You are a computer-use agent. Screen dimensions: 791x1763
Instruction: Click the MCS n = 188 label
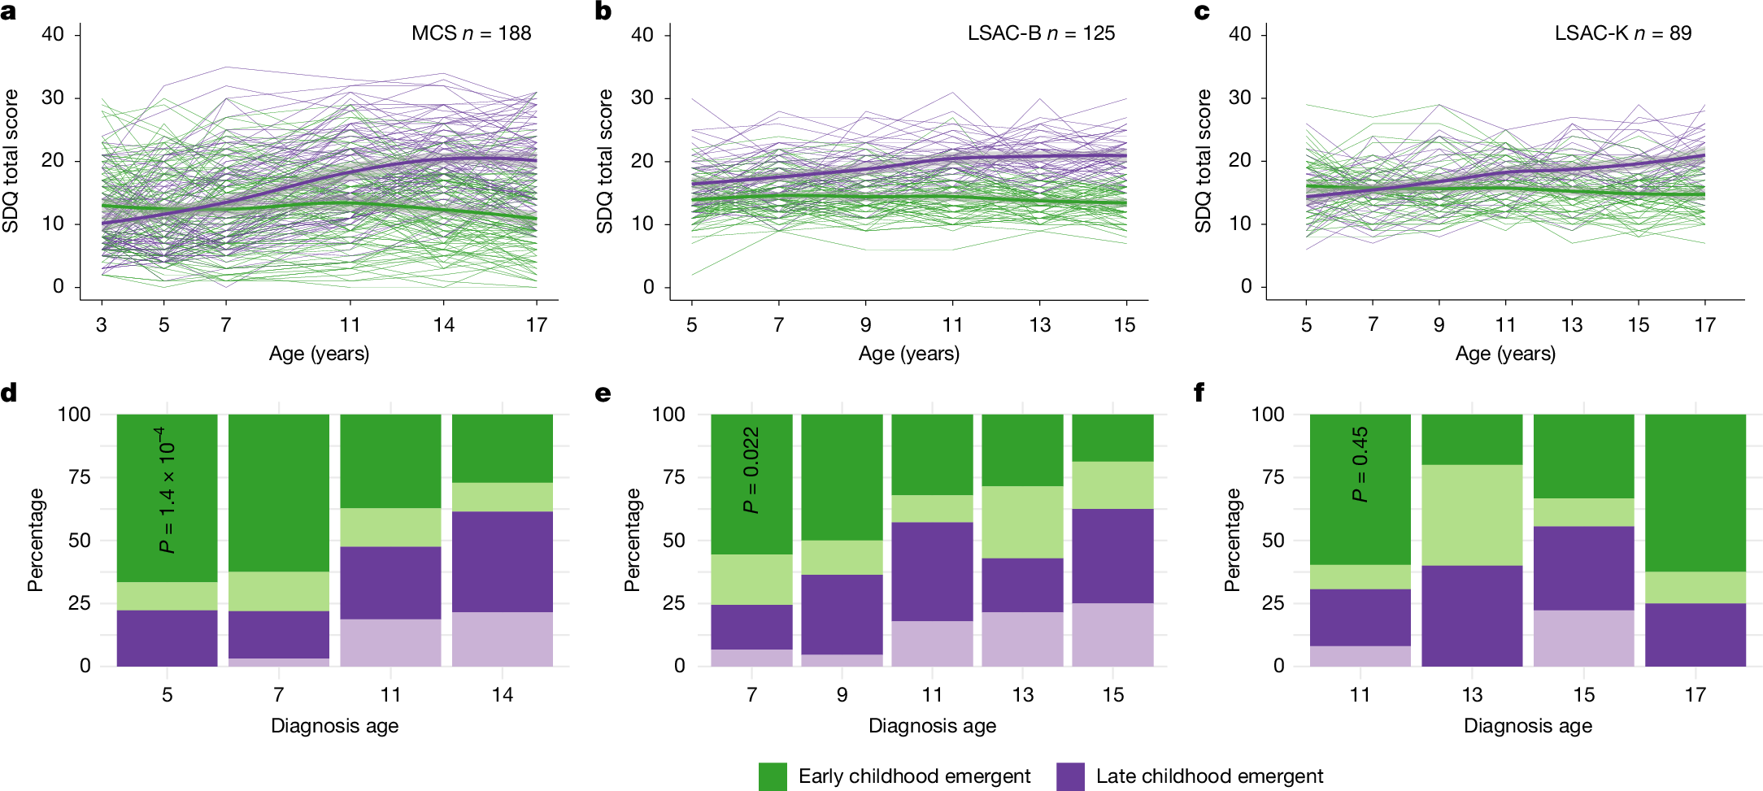coord(471,33)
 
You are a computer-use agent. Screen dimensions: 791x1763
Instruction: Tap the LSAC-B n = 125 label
coord(1041,33)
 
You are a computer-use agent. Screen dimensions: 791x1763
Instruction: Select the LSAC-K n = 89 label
coord(1622,33)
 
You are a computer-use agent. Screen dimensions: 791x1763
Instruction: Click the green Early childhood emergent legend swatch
coord(773,776)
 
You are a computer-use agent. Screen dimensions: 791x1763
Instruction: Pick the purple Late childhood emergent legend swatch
coord(1070,776)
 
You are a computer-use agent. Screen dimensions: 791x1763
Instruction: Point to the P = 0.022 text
coord(751,470)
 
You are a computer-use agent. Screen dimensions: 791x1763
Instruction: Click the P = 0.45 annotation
coord(1360,464)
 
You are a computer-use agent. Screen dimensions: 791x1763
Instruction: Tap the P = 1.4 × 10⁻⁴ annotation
coord(167,490)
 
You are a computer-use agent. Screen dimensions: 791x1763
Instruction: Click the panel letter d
coord(9,393)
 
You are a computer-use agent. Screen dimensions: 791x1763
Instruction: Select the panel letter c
coord(1201,11)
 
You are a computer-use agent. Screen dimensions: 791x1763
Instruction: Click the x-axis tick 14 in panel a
coord(443,325)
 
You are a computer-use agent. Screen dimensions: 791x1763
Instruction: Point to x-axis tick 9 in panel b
coord(865,325)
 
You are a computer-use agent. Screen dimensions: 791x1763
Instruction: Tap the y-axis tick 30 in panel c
coord(1239,98)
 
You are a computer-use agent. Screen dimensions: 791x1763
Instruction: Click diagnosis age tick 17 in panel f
coord(1695,695)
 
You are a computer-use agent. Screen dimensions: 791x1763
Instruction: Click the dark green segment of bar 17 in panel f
coord(1696,492)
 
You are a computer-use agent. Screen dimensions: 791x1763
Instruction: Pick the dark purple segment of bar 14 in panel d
coord(503,561)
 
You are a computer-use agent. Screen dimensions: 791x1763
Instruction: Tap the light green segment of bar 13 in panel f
coord(1472,515)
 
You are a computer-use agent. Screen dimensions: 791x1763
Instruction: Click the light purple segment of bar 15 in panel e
coord(1112,634)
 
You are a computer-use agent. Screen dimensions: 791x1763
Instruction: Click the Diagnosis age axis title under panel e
coord(932,726)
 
